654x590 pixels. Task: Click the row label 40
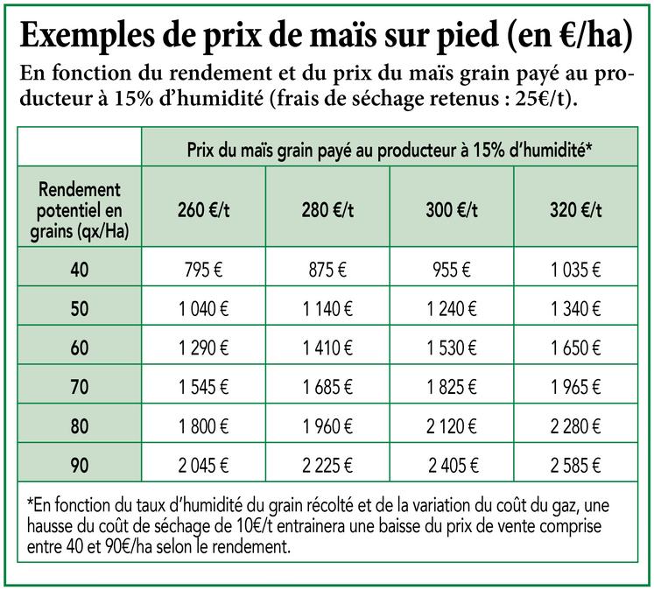[80, 270]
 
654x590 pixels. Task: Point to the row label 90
[80, 465]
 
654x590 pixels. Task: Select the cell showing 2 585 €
[575, 465]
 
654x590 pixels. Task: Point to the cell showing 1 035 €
[575, 270]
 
